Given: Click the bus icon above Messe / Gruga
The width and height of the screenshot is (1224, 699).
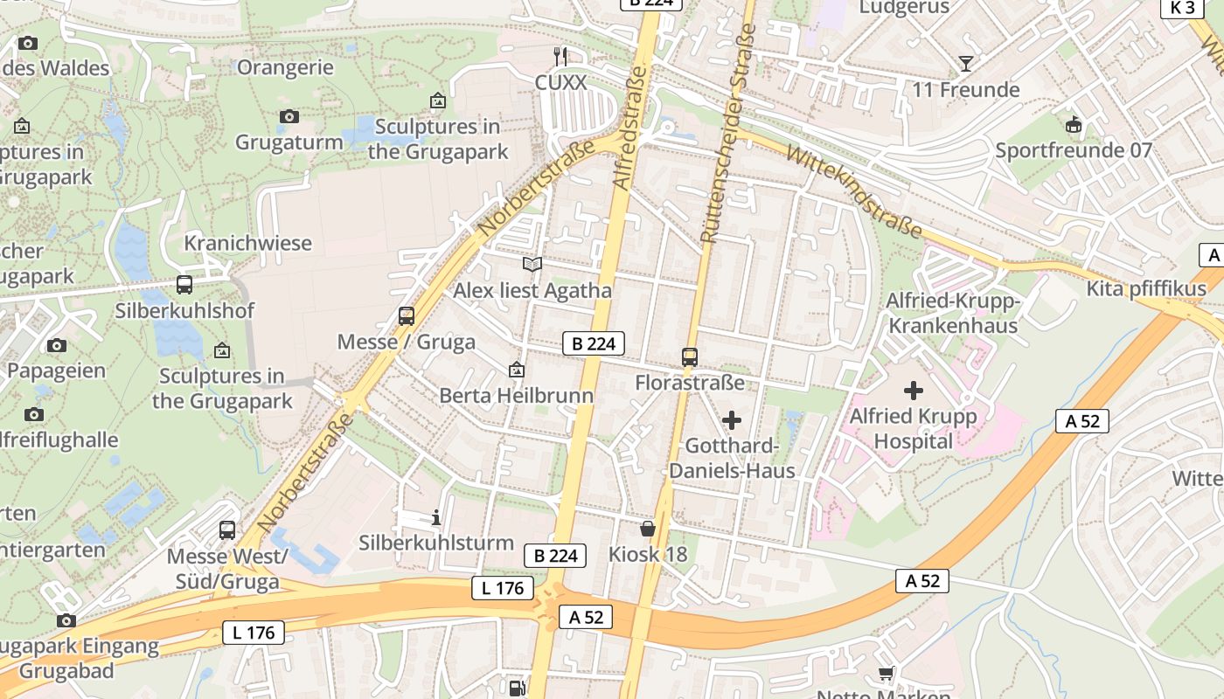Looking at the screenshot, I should click(407, 316).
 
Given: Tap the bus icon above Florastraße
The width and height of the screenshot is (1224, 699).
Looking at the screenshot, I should click(690, 356).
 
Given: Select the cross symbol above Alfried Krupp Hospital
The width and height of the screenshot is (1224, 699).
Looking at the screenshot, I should click(914, 391).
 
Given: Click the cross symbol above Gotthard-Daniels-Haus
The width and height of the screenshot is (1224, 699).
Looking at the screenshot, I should click(732, 421).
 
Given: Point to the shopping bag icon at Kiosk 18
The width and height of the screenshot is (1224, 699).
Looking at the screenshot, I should click(648, 529).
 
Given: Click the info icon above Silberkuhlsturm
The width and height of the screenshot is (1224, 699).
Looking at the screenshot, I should click(436, 518).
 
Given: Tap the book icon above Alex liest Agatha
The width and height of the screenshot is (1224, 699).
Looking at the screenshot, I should click(532, 264).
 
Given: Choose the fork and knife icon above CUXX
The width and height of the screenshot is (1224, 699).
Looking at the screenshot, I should click(560, 57).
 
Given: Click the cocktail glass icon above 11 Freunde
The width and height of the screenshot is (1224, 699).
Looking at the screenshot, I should click(965, 63).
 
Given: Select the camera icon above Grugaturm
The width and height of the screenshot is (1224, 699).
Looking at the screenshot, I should click(289, 116).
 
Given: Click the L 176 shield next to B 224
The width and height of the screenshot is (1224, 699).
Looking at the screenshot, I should click(503, 588).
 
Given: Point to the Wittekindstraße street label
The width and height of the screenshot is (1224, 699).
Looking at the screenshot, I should click(854, 192).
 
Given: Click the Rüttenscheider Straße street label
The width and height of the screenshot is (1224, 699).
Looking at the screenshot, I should click(727, 133).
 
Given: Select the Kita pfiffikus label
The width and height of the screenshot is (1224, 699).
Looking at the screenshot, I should click(1146, 289).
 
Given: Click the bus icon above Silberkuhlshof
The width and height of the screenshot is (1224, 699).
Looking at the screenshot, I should click(184, 285).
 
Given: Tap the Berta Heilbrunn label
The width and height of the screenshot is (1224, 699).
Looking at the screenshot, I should click(516, 396).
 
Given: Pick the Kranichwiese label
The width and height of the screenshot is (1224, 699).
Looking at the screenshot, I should click(247, 243).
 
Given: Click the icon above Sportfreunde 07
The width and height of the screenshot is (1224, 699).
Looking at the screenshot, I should click(1074, 125).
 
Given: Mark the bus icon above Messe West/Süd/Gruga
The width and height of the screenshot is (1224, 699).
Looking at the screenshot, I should click(227, 530).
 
